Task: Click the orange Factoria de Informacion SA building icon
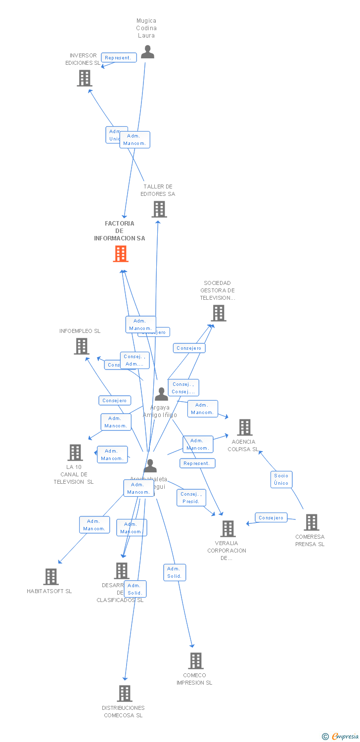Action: coord(121,254)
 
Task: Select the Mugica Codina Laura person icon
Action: coord(147,52)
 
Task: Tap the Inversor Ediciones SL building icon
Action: coord(85,78)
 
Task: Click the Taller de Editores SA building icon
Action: coord(159,209)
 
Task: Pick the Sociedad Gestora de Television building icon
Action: coord(218,313)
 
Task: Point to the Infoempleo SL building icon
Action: coord(82,346)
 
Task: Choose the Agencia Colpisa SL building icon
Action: coord(244,427)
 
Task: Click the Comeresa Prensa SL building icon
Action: coord(311,522)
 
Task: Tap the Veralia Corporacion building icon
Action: coord(227,529)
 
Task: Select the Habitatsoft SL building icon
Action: coord(51,577)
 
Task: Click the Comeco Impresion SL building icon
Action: coord(195,661)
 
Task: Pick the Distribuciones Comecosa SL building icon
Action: coord(125,694)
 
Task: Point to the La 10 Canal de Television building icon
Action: coord(75,453)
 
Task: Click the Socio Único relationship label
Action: coord(281,479)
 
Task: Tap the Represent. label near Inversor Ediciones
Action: coord(119,58)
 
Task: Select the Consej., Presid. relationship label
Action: coord(191,498)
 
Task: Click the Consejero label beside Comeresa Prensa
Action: coord(271,518)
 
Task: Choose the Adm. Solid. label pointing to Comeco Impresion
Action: coord(175,572)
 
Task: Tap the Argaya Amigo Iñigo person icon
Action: coord(161,394)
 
